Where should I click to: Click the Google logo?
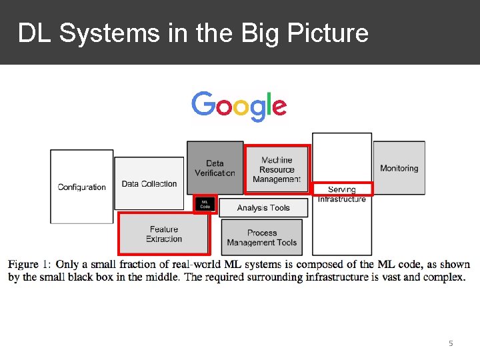pyautogui.click(x=239, y=107)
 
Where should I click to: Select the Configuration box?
pyautogui.click(x=81, y=187)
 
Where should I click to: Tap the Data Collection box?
pyautogui.click(x=149, y=183)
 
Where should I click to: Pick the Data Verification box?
pyautogui.click(x=215, y=167)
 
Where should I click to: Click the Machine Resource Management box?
pyautogui.click(x=277, y=169)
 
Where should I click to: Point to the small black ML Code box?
pyautogui.click(x=205, y=205)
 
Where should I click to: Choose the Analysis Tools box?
pyautogui.click(x=263, y=208)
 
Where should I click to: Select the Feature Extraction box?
pyautogui.click(x=164, y=234)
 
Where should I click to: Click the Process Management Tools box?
pyautogui.click(x=262, y=237)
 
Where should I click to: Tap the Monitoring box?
pyautogui.click(x=399, y=168)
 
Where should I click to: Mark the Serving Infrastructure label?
pyautogui.click(x=342, y=194)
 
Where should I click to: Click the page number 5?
pyautogui.click(x=451, y=343)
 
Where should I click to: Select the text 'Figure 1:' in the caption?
pyautogui.click(x=29, y=265)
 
